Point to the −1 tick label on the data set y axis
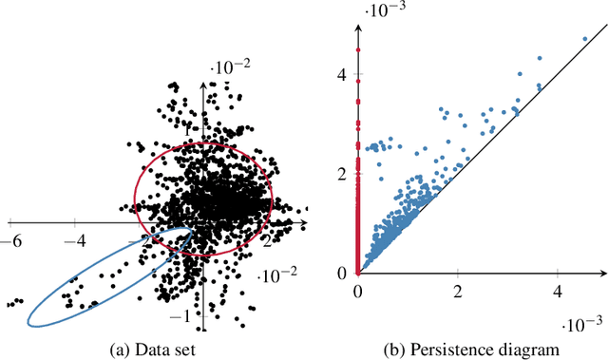click(188, 315)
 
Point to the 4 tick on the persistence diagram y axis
click(344, 73)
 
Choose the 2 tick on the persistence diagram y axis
click(344, 173)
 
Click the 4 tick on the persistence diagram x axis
click(558, 290)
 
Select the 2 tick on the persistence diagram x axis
click(458, 290)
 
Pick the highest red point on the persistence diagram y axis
click(358, 49)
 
